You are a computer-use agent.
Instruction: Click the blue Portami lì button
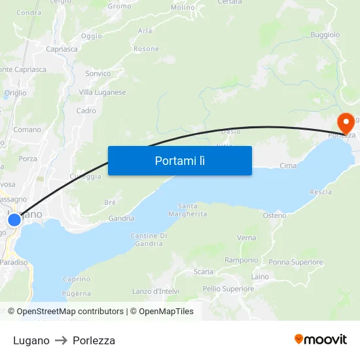point(179,160)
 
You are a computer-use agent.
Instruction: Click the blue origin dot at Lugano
point(14,220)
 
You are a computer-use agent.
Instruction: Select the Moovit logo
point(320,339)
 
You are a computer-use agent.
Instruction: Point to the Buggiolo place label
point(325,34)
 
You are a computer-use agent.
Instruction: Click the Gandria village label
point(121,219)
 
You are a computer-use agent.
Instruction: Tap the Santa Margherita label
point(187,210)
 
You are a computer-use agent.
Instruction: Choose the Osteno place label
point(274,215)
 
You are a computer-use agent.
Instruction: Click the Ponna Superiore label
point(296,262)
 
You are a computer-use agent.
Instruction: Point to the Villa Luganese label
point(102,92)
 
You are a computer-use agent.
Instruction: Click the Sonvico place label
point(98,73)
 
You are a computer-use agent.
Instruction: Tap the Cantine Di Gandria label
point(149,240)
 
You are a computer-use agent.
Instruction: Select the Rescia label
point(321,192)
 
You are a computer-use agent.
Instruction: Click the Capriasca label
point(62,49)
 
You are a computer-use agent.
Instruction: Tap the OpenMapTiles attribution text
point(166,312)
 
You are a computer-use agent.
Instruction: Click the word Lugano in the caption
point(31,340)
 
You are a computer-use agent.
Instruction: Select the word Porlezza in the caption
point(94,340)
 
